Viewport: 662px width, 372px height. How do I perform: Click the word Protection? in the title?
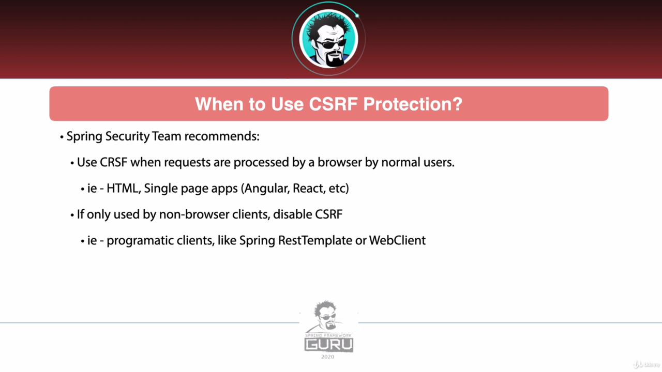[413, 104]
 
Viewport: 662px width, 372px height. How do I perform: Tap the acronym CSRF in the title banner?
[334, 104]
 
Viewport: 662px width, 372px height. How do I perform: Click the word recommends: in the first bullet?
[222, 136]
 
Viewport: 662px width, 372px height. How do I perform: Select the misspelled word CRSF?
[113, 162]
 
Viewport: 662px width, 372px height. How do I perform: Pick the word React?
[309, 189]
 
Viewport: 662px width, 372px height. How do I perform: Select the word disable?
[293, 214]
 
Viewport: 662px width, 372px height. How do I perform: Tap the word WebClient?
[398, 241]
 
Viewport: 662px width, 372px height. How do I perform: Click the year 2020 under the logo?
[328, 357]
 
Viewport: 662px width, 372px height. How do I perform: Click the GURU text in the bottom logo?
[328, 345]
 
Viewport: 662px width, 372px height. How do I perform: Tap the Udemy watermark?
[646, 365]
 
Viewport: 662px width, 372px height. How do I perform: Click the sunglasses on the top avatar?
[331, 44]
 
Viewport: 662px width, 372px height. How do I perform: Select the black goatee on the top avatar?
[335, 59]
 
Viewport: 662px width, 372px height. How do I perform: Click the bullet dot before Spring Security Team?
[62, 137]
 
